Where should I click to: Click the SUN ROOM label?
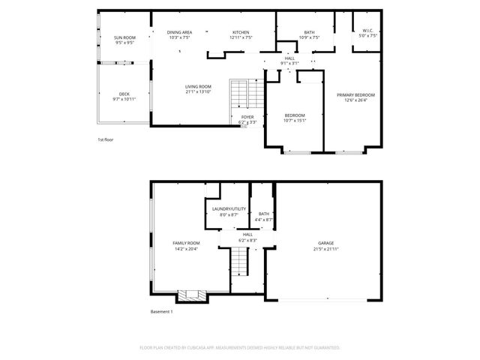click(124, 37)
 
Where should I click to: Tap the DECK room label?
click(124, 94)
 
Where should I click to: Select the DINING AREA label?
click(179, 32)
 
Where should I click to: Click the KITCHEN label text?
click(240, 32)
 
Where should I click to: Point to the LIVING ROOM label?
click(199, 86)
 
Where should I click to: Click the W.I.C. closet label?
click(367, 31)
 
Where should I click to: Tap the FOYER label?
click(247, 117)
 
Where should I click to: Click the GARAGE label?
click(325, 243)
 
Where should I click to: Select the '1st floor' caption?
click(105, 140)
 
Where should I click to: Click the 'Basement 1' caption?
click(161, 312)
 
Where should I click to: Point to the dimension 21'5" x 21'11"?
click(325, 248)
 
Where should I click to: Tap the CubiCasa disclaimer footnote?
click(240, 348)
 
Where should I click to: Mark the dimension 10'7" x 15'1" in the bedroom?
click(295, 120)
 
